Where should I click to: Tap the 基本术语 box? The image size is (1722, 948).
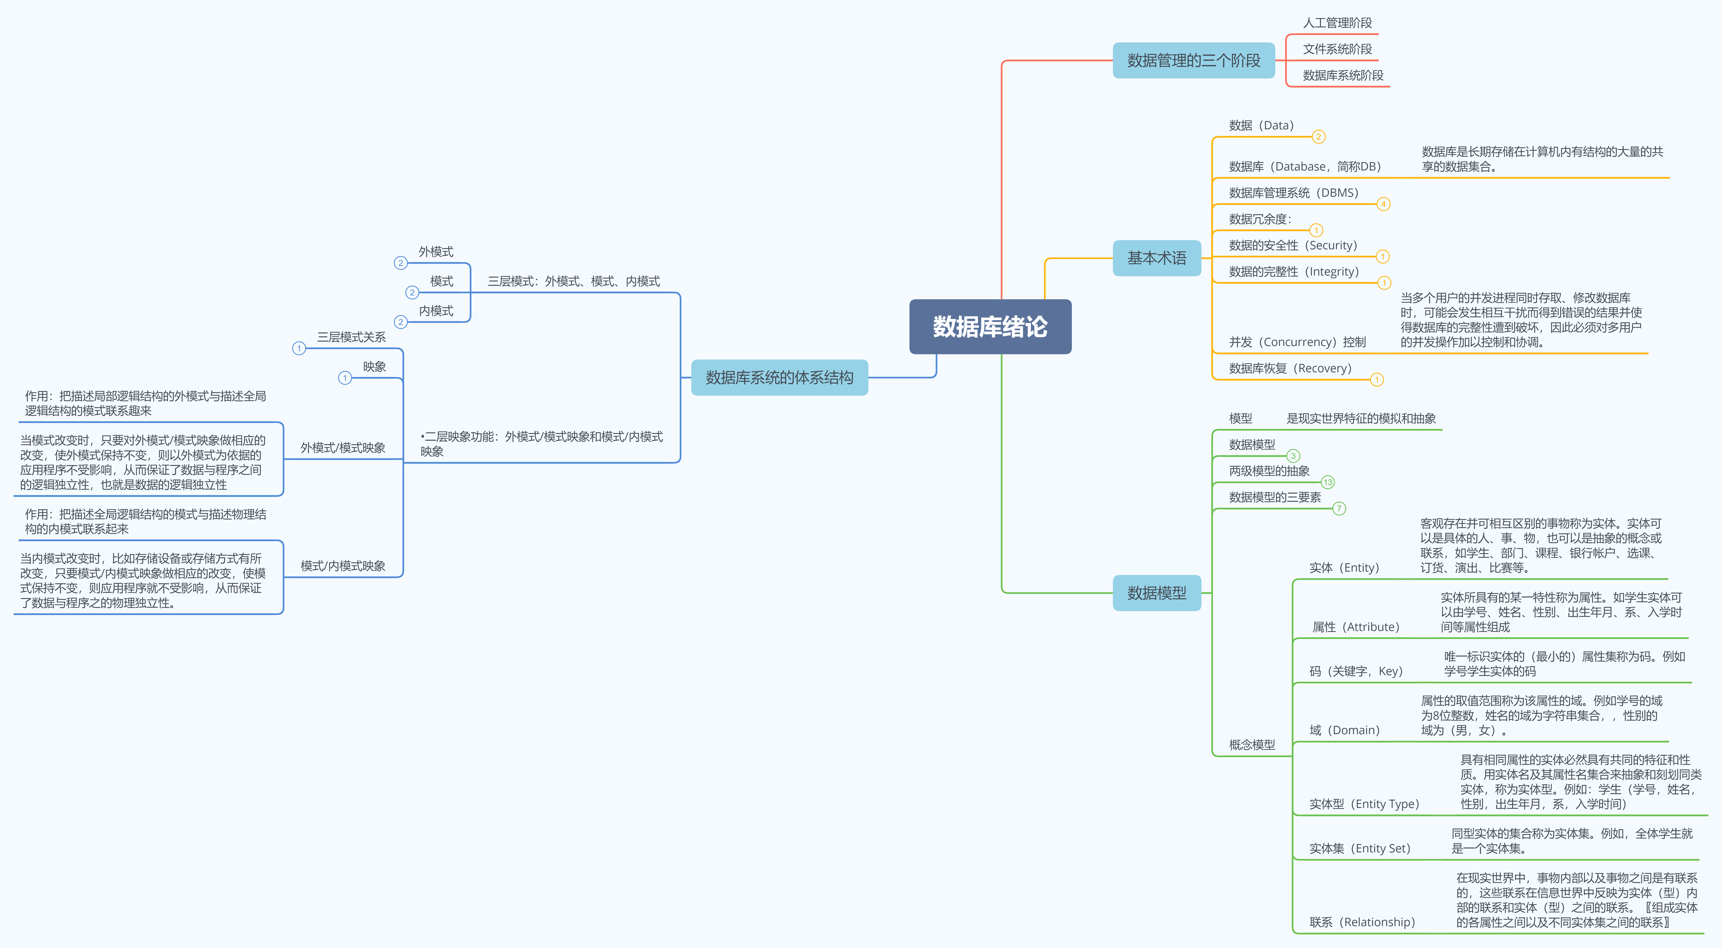click(1157, 258)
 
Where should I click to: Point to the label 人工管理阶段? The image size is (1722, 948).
click(1337, 23)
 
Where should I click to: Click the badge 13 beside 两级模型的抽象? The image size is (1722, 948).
click(1328, 482)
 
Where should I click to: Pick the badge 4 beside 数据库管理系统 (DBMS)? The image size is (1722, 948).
click(1383, 204)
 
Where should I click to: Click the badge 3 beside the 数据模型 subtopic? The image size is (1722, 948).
click(1293, 456)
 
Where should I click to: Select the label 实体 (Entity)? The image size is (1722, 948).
click(1344, 568)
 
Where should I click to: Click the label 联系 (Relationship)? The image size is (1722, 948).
click(1362, 922)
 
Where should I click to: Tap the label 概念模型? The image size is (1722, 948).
click(1251, 745)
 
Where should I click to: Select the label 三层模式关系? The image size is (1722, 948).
click(351, 337)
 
